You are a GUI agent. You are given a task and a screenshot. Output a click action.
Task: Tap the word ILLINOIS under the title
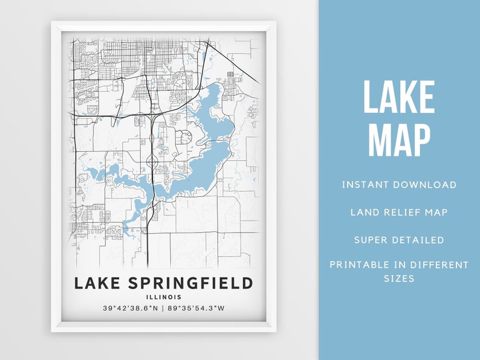click(x=163, y=297)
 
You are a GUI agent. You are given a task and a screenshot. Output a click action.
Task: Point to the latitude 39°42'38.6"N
click(x=131, y=309)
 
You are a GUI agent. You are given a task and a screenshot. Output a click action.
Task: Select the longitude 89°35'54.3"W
click(x=198, y=309)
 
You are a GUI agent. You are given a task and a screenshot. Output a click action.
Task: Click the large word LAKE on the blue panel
click(x=399, y=97)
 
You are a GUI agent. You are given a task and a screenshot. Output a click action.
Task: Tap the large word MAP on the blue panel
click(x=399, y=140)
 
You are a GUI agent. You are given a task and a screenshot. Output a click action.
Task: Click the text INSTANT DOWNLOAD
click(x=399, y=185)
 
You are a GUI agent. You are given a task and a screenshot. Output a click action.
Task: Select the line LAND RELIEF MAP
click(x=399, y=212)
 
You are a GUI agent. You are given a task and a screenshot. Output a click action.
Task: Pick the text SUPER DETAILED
click(x=399, y=240)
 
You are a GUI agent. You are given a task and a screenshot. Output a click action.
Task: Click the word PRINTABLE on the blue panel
click(x=362, y=265)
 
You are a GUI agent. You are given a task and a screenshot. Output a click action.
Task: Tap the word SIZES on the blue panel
click(x=399, y=278)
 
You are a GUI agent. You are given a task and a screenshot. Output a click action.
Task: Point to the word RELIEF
click(x=401, y=212)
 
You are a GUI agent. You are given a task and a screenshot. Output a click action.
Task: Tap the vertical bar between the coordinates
click(x=164, y=309)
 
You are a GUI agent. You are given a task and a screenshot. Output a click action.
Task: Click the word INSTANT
click(x=365, y=185)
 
